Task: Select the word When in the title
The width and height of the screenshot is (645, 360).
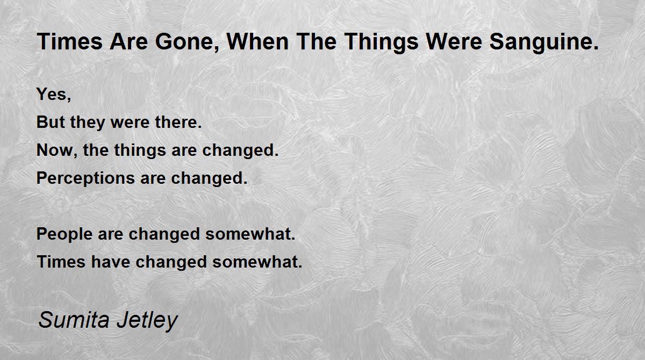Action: (257, 41)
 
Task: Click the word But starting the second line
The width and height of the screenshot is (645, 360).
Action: (51, 122)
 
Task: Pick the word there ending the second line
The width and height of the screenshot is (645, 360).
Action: (178, 122)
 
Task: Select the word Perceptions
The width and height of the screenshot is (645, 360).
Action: (85, 178)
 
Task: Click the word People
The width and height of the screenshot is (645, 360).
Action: (64, 234)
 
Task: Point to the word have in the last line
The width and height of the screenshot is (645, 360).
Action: (111, 262)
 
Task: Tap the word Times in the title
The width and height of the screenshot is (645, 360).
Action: (70, 41)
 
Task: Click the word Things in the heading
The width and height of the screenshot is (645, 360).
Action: (381, 42)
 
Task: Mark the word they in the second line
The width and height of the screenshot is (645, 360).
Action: (88, 123)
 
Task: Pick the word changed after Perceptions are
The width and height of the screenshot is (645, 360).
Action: (209, 178)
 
